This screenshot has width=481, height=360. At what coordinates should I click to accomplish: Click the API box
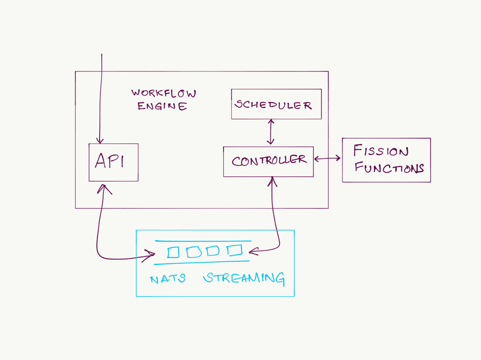113,162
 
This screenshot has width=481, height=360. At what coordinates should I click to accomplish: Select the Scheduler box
276,104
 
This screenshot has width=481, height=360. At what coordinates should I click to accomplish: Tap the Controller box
268,161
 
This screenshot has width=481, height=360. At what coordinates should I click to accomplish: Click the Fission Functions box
386,160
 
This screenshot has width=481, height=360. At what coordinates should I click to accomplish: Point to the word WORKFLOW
164,93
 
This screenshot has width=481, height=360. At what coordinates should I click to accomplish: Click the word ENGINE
162,106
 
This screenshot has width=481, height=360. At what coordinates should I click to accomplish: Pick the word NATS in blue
167,279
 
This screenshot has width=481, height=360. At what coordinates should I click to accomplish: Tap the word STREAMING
244,278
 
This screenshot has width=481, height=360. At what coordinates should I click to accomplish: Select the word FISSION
381,152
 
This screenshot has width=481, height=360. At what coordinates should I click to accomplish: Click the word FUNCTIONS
389,168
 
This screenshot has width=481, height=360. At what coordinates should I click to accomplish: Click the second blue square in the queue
193,252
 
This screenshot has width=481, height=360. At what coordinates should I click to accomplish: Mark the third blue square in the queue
213,251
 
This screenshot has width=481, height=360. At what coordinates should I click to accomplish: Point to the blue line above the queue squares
203,241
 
